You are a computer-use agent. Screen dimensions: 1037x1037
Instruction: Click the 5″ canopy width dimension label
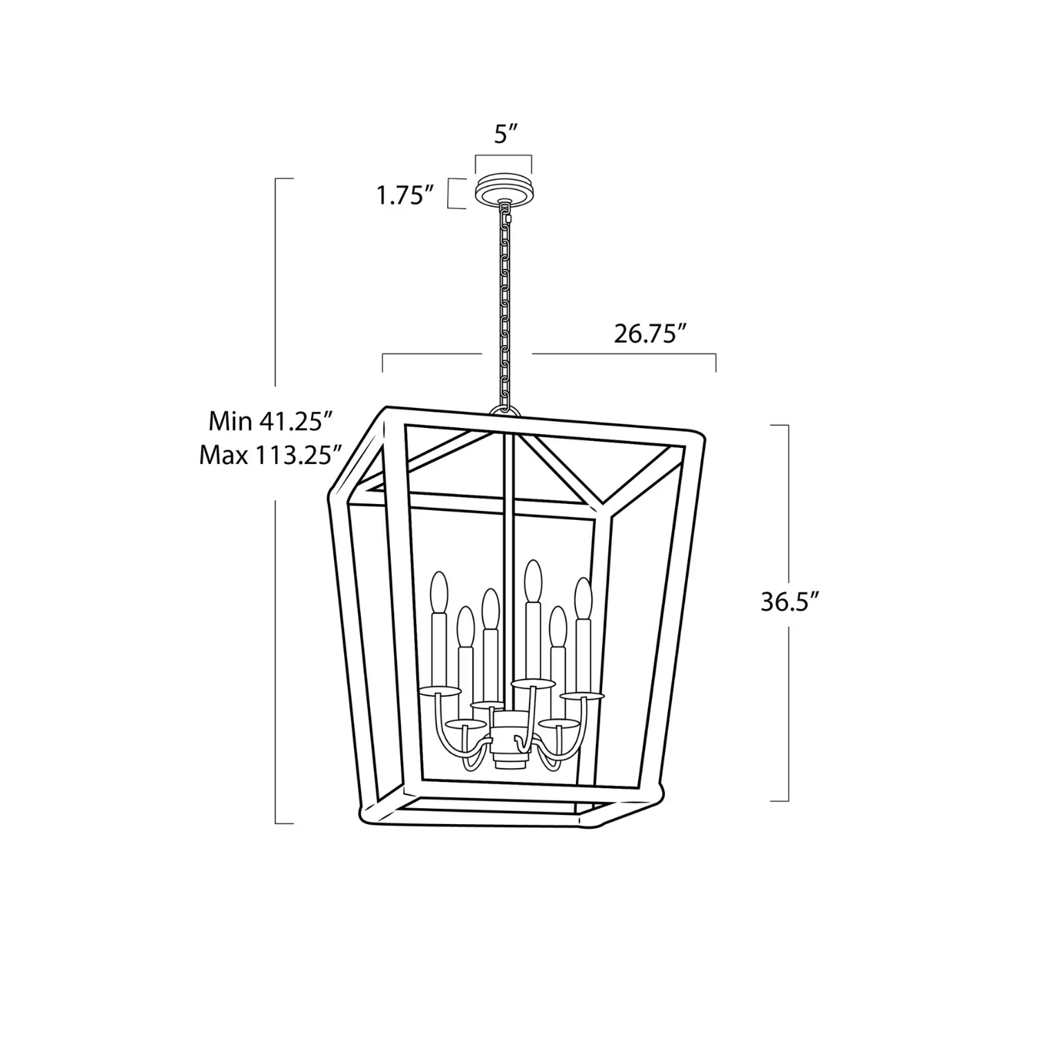coord(506,134)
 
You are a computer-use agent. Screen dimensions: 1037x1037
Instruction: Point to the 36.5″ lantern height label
coord(790,601)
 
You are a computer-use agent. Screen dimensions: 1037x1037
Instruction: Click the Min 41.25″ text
coord(271,421)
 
